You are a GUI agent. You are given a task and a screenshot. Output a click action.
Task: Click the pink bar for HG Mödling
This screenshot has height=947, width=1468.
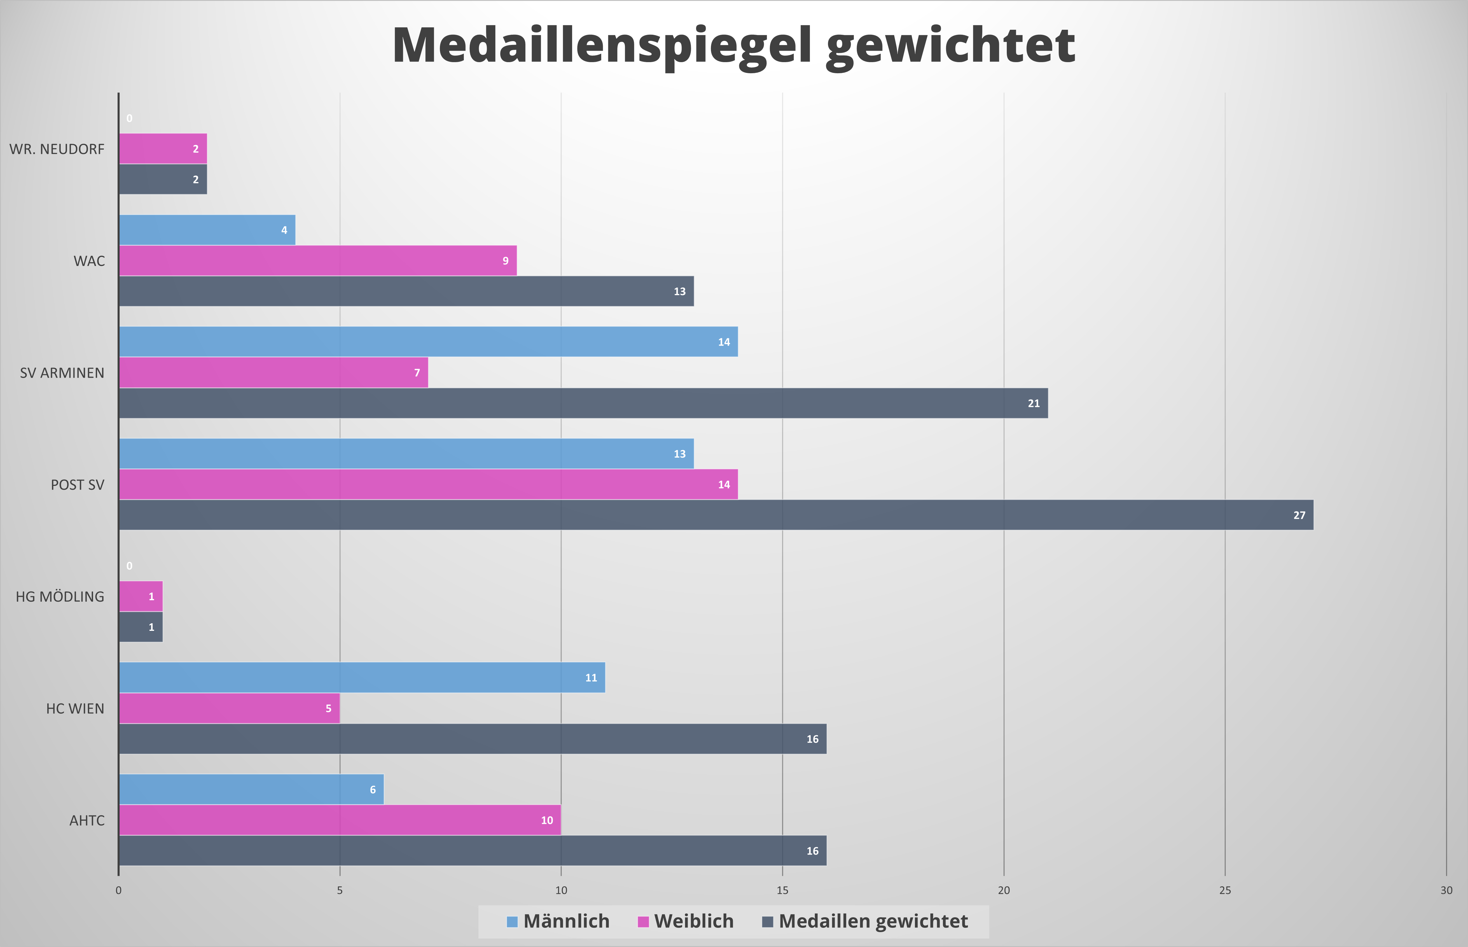click(141, 596)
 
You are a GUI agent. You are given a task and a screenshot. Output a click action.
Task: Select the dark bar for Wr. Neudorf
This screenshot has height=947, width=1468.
click(163, 180)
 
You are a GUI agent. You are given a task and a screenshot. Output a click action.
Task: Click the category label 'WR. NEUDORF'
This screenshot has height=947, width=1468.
click(57, 149)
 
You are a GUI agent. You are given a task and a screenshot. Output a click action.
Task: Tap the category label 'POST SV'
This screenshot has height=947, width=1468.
click(78, 485)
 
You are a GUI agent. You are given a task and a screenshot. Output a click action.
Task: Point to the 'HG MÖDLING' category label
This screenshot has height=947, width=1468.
click(60, 597)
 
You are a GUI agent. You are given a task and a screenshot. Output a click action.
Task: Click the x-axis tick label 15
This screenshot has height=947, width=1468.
click(782, 890)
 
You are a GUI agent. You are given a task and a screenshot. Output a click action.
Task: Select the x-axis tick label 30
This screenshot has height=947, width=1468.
click(1446, 890)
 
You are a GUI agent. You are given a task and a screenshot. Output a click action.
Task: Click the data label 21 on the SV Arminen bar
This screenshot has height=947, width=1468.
click(1034, 403)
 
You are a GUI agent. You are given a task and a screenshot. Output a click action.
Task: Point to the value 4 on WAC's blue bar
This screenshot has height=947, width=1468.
click(284, 230)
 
